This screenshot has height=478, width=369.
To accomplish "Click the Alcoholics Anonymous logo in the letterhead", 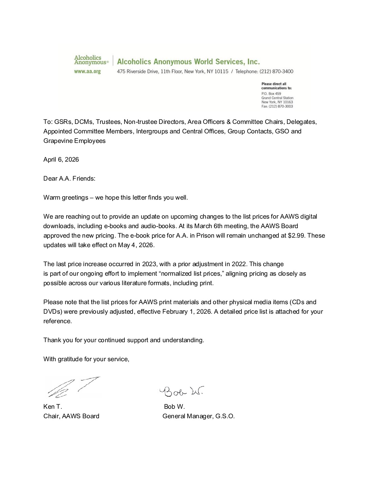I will coord(91,60).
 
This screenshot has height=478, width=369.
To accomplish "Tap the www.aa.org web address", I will coord(88,71).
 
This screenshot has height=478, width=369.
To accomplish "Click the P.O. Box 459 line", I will coord(271,93).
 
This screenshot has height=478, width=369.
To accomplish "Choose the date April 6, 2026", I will coord(61,160).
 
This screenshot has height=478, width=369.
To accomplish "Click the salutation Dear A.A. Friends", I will coord(69,179).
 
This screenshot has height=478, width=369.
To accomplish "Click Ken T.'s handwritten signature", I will coord(73,387).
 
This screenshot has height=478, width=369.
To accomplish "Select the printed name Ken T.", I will coord(53,407).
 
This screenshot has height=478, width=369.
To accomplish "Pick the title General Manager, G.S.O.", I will coord(198,416).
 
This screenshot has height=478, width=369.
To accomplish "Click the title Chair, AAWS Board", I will coord(71,416).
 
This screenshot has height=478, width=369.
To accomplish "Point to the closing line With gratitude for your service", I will coord(86,359).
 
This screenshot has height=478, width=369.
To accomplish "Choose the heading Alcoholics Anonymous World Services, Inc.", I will coord(188,61).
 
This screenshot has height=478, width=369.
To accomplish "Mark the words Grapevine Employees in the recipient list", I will coord(74,141).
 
